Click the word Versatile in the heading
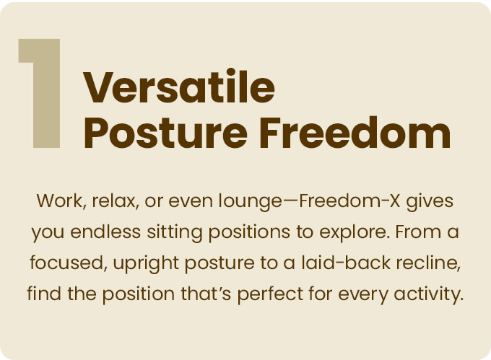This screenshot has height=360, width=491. pyautogui.click(x=179, y=86)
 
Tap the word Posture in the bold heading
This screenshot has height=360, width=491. pyautogui.click(x=165, y=133)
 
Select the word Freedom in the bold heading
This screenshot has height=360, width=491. pyautogui.click(x=355, y=132)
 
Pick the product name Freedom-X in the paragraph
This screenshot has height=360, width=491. pyautogui.click(x=349, y=201)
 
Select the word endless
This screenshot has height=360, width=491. pyautogui.click(x=105, y=232)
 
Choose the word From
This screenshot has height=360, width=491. pyautogui.click(x=416, y=232)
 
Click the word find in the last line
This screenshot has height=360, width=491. pyautogui.click(x=44, y=294)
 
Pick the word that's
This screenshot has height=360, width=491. pyautogui.click(x=206, y=294)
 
